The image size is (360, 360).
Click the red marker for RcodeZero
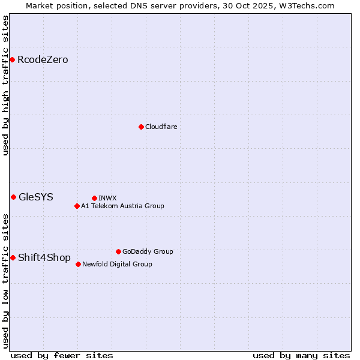click(12, 59)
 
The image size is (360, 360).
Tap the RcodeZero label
click(43, 59)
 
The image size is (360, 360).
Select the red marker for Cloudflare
click(141, 127)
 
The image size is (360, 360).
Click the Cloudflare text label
click(161, 127)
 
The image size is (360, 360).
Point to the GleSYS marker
click(13, 197)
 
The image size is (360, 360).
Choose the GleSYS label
click(36, 197)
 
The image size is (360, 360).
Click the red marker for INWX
click(94, 198)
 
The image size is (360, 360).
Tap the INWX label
click(107, 198)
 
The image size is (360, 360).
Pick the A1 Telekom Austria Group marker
click(77, 206)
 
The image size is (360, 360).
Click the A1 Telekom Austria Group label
click(122, 206)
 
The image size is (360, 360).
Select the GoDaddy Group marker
click(118, 251)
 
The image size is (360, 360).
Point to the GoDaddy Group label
click(148, 251)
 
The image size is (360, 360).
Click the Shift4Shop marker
click(13, 257)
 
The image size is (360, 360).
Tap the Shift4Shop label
click(44, 258)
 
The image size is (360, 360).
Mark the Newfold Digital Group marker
click(78, 264)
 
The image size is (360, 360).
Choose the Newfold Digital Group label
click(117, 264)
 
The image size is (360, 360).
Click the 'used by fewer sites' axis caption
click(62, 355)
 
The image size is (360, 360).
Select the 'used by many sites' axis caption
click(301, 355)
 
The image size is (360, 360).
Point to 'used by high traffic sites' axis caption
click(5, 85)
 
